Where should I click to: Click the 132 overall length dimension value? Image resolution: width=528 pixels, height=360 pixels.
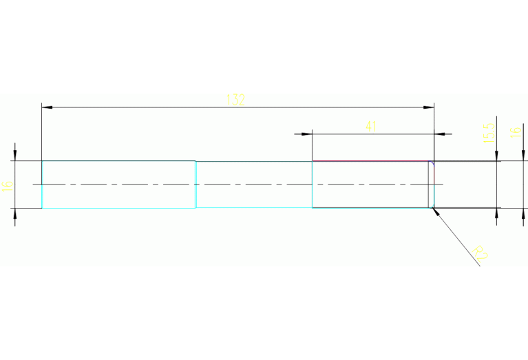[235, 99]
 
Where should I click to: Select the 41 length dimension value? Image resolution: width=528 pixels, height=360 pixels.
[371, 126]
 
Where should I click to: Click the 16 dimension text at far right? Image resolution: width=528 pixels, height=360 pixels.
[514, 132]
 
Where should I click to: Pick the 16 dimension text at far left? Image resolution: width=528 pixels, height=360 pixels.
[7, 184]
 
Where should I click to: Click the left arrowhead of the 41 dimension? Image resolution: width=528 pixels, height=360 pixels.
[306, 134]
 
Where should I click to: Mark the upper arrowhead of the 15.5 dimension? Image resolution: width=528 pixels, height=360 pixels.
[496, 156]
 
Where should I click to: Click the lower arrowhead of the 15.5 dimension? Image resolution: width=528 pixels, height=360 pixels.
[496, 213]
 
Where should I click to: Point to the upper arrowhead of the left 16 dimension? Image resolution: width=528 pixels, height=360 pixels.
[15, 156]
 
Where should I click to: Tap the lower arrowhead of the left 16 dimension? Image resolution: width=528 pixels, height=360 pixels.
[15, 213]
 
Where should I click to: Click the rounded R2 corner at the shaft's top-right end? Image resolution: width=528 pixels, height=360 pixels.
[432, 164]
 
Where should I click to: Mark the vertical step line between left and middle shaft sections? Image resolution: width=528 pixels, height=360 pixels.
[196, 184]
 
